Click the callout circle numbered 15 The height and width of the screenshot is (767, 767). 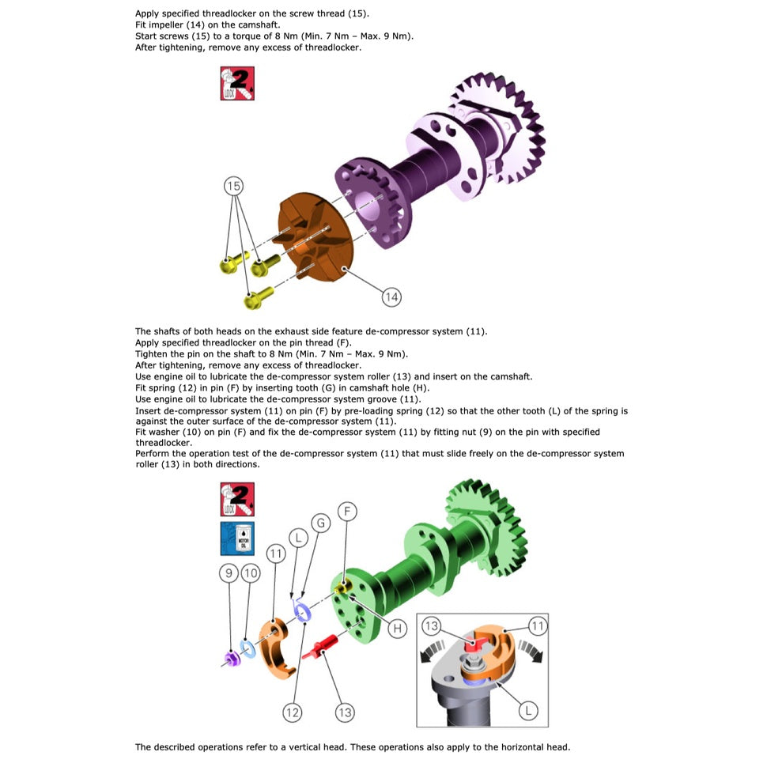click(x=234, y=186)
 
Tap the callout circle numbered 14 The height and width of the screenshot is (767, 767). click(x=391, y=297)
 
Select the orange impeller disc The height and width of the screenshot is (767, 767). click(x=315, y=236)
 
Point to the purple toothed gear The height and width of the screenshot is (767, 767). click(x=497, y=128)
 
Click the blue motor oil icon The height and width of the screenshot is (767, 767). click(x=237, y=538)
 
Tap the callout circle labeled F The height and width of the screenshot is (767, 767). click(x=347, y=512)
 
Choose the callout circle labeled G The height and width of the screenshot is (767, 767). click(x=321, y=523)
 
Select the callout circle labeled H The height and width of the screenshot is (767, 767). click(x=397, y=628)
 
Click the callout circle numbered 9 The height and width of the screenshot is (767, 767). click(x=229, y=572)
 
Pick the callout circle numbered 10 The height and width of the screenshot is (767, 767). click(x=251, y=572)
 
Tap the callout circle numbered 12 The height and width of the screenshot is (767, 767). click(x=292, y=712)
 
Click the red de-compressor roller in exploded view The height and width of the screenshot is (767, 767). click(x=320, y=646)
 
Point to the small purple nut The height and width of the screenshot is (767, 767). click(x=231, y=659)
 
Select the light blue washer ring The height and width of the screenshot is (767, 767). click(x=248, y=648)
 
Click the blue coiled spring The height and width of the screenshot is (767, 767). click(x=301, y=610)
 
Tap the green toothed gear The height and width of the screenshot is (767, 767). click(x=487, y=528)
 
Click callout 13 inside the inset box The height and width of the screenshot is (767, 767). click(x=432, y=625)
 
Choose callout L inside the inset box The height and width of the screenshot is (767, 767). click(x=528, y=710)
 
